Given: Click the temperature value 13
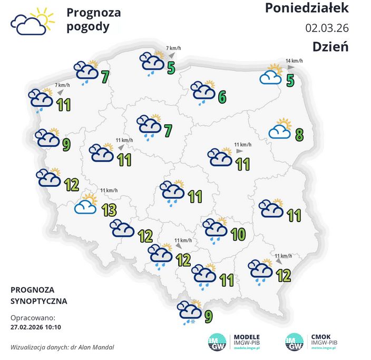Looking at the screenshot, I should click(109, 210).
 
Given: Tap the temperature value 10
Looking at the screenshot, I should click(238, 234).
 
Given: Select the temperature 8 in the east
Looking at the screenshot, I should click(299, 135).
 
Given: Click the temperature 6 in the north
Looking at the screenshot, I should click(222, 97).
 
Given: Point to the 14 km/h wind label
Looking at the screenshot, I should click(294, 61).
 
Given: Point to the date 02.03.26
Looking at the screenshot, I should click(327, 27).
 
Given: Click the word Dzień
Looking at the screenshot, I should click(330, 46).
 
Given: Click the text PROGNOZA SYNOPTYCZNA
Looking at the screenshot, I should click(38, 296).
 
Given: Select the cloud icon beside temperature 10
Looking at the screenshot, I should click(215, 228).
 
